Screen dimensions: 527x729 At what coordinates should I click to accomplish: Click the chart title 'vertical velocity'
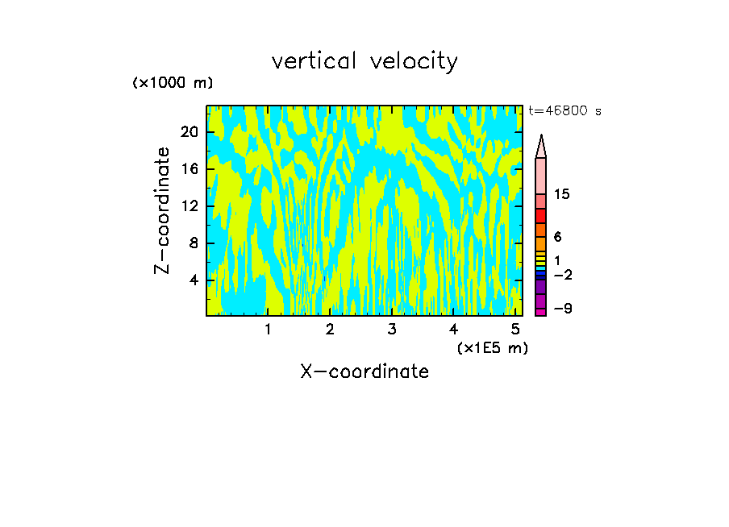tap(364, 61)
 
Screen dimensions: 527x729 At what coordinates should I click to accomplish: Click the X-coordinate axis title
tap(364, 371)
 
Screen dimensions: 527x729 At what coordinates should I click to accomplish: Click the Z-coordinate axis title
tap(163, 210)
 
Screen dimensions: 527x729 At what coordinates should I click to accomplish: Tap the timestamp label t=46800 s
tap(564, 111)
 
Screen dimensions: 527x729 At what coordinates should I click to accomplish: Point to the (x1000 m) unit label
tap(173, 83)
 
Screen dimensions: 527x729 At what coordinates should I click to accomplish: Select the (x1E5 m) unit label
tap(492, 347)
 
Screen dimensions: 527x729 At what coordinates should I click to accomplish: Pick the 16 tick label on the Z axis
tap(189, 168)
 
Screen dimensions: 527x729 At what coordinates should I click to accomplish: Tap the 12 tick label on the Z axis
tap(189, 205)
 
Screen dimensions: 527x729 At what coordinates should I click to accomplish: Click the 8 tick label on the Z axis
tap(194, 243)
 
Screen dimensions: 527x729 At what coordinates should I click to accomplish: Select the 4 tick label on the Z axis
tap(194, 280)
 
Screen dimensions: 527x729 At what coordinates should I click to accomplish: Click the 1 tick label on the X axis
tap(268, 329)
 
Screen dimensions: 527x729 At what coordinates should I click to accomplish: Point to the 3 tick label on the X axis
tap(391, 329)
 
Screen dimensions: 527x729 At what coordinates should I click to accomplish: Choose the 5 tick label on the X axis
tap(514, 329)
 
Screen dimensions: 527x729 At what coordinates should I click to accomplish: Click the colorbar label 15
tap(562, 194)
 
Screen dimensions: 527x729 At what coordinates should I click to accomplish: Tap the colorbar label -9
tap(562, 309)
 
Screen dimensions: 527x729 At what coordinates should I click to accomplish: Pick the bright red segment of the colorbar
tap(541, 216)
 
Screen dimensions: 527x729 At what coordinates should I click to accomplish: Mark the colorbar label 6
tap(557, 237)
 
